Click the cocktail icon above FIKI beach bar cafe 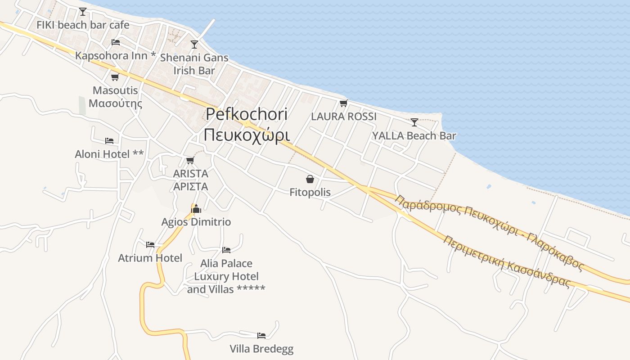point(82,11)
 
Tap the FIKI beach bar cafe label point(83,25)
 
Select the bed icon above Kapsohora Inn point(116,42)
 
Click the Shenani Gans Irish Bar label point(194,64)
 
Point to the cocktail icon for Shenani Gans point(194,44)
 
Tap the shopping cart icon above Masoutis point(115,77)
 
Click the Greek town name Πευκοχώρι point(247,135)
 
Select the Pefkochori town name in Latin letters point(247,114)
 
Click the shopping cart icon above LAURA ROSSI point(344,103)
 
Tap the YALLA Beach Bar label point(414,135)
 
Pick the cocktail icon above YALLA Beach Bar point(414,122)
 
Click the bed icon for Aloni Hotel point(109,141)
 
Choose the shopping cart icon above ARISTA point(190,160)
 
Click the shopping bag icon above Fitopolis point(310,179)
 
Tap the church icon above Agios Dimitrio point(196,208)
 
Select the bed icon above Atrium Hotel point(150,245)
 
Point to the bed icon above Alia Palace point(226,250)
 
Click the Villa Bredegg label point(261,349)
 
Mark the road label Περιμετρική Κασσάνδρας point(507,261)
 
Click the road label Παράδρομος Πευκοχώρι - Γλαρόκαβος point(489,232)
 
